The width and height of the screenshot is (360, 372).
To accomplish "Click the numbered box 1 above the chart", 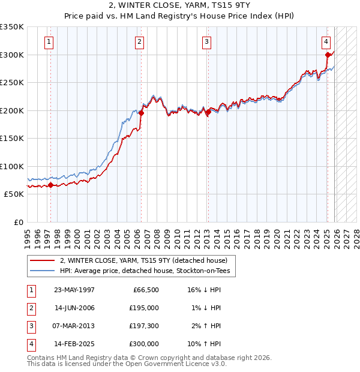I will pyautogui.click(x=49, y=42).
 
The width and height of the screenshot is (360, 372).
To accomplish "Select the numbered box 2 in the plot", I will pyautogui.click(x=139, y=42).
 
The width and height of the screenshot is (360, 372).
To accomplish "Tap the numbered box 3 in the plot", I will pyautogui.click(x=206, y=42).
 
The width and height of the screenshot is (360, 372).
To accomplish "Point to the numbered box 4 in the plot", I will pyautogui.click(x=326, y=42).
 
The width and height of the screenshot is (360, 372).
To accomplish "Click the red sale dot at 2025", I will pyautogui.click(x=328, y=55).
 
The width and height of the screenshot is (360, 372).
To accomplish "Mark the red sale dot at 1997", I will pyautogui.click(x=50, y=185).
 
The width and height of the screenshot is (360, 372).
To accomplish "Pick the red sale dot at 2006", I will pyautogui.click(x=142, y=113).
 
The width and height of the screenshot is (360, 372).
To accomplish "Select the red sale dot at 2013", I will pyautogui.click(x=208, y=112).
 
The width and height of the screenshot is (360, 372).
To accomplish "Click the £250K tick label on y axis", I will pyautogui.click(x=12, y=82).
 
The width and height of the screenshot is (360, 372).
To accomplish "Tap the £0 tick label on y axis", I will pyautogui.click(x=19, y=222).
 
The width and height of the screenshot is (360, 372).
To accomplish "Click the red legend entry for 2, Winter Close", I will pyautogui.click(x=143, y=261).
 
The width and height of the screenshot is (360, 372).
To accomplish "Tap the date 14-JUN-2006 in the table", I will pyautogui.click(x=74, y=308).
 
